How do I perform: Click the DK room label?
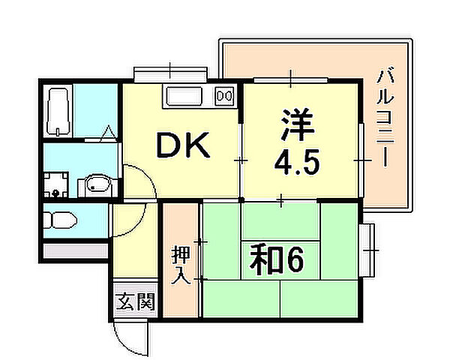point(183,145)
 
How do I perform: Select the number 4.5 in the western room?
point(298,162)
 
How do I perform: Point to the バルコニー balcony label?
point(385,117)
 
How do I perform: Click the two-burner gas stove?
point(224,95)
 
